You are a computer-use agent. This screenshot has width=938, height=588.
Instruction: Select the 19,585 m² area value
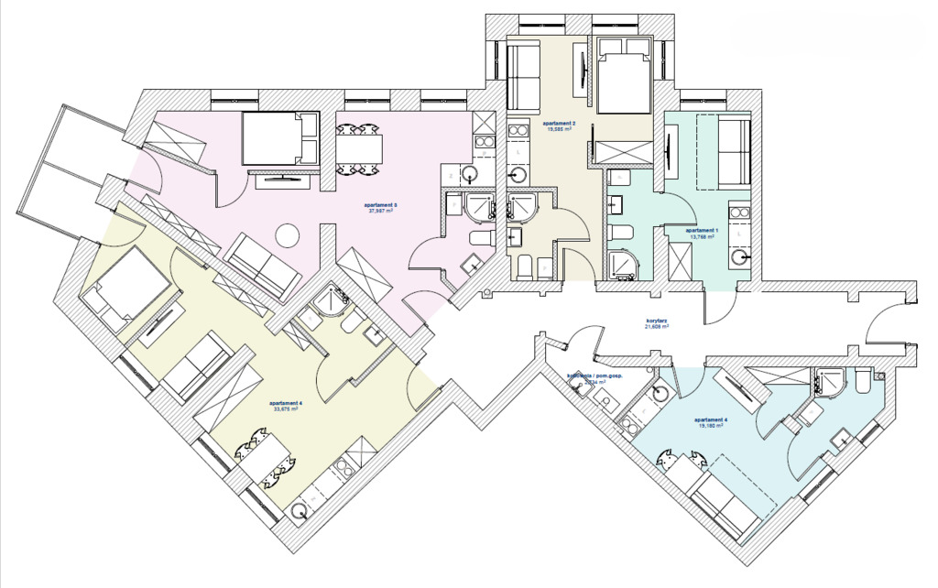coord(559,129)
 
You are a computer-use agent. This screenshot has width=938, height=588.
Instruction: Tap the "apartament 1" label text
coord(702,230)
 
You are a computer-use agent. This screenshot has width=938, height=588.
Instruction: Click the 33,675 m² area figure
coord(286,409)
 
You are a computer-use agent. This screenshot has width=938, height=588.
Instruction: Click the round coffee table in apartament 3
coord(288,235)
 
